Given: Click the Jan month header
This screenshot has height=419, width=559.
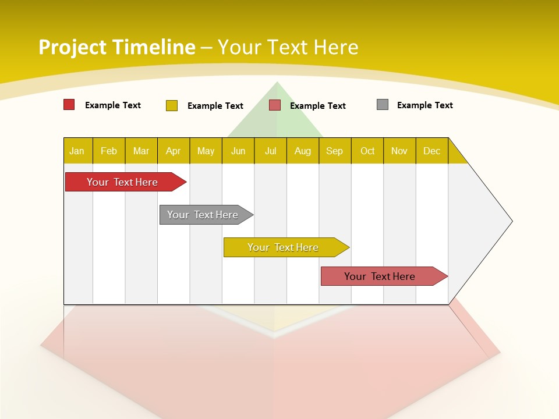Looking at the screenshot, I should tap(77, 151).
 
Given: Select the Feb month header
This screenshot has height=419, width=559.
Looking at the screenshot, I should tap(109, 151).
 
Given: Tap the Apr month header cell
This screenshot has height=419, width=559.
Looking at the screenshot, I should tap(174, 151).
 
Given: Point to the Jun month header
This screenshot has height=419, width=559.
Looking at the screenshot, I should tap(238, 151).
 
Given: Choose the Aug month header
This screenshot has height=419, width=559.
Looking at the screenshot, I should tap(303, 151).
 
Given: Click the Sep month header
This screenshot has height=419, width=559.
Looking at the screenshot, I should tap(335, 151).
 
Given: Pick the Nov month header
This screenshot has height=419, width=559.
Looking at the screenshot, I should tap(399, 151).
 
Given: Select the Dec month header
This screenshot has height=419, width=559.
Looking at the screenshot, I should tap(432, 151).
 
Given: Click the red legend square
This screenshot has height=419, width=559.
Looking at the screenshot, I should tap(69, 105).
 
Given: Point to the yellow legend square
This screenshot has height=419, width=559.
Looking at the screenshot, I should tap(172, 105).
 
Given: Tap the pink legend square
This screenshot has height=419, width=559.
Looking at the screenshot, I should tap(275, 105).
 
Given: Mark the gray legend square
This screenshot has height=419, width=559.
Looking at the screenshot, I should tap(383, 105).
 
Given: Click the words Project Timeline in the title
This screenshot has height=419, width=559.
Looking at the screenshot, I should tap(117, 47).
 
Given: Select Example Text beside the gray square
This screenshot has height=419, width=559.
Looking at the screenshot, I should tap(425, 105).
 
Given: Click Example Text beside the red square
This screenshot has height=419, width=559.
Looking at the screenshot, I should tap(113, 105).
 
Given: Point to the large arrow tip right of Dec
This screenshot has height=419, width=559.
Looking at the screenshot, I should tap(489, 221).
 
